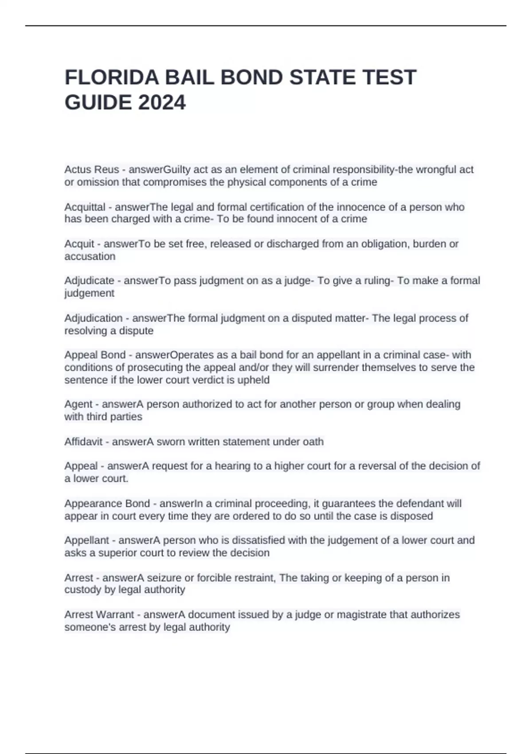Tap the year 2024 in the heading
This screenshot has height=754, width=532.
(162, 103)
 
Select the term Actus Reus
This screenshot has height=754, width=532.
(92, 169)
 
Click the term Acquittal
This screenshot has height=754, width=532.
(85, 207)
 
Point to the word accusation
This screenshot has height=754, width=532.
(90, 256)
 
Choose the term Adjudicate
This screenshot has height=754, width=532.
(90, 281)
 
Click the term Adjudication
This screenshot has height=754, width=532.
(94, 318)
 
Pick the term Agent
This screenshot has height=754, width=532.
(78, 404)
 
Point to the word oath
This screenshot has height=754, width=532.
(313, 442)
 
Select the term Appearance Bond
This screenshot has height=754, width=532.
(107, 503)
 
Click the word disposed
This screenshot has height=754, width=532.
(413, 516)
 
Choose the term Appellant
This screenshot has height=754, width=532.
(86, 540)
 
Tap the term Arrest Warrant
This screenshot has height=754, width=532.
(99, 615)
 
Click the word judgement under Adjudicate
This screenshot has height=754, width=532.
(90, 293)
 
